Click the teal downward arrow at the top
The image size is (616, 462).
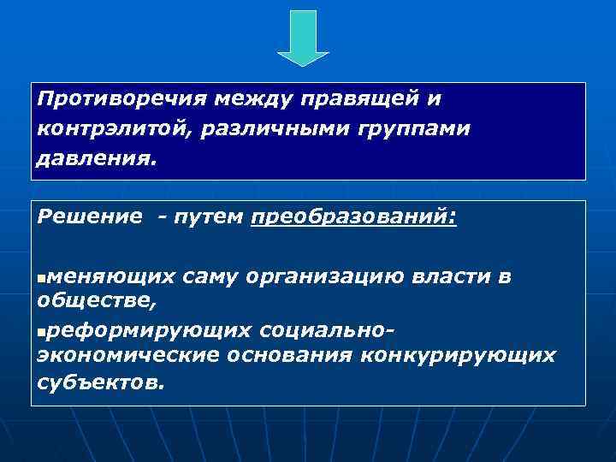(303, 37)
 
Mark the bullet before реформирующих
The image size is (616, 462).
(43, 330)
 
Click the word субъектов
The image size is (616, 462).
(98, 381)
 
